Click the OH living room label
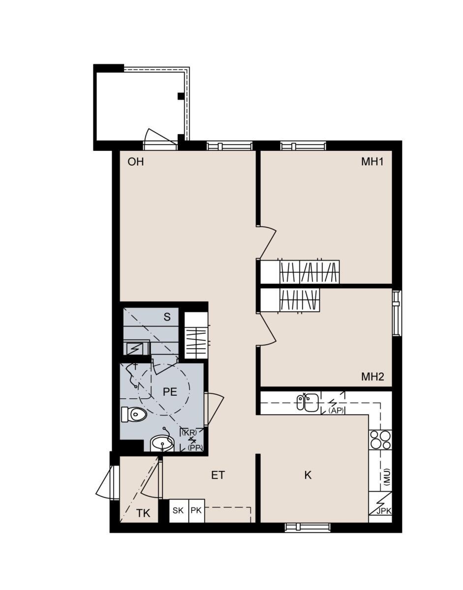[x=136, y=162]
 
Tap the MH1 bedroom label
[x=372, y=162]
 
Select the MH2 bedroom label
[x=372, y=377]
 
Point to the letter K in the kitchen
[x=308, y=475]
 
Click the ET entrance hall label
[x=218, y=475]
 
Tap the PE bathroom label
[x=170, y=392]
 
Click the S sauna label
[x=167, y=317]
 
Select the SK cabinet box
[x=179, y=511]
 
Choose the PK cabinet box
[x=196, y=511]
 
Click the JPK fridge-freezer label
[x=384, y=511]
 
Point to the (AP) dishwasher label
[x=336, y=411]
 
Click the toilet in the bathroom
[x=134, y=414]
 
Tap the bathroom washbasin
[x=162, y=443]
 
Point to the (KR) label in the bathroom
[x=188, y=433]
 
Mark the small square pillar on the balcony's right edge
[x=181, y=96]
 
